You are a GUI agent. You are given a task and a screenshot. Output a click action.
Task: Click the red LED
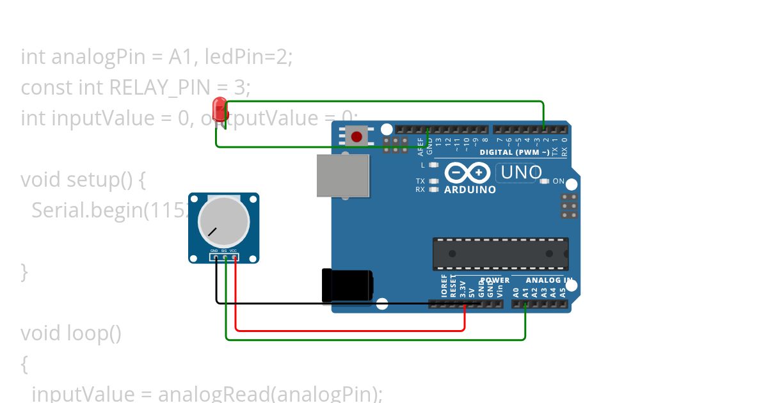[x=220, y=109]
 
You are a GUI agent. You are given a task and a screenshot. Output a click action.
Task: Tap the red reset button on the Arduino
[x=356, y=136]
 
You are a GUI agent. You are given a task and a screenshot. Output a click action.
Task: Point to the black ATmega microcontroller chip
[x=500, y=253]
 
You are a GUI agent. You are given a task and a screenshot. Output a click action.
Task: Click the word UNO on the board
[x=521, y=172]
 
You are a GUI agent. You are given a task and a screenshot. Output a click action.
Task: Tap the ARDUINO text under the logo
[x=470, y=190]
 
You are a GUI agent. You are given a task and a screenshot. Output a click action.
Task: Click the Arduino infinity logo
[x=467, y=173]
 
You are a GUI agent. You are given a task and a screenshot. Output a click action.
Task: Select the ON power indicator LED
[x=545, y=181]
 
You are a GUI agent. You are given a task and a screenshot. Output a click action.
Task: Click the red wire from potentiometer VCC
[x=351, y=331]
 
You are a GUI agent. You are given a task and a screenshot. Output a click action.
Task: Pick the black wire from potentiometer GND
[x=320, y=303]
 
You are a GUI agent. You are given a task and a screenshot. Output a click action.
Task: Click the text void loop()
[x=70, y=333]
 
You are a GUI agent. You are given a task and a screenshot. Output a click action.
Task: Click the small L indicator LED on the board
[x=434, y=165]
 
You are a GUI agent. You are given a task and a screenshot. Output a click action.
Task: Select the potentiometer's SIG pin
[x=225, y=258]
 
